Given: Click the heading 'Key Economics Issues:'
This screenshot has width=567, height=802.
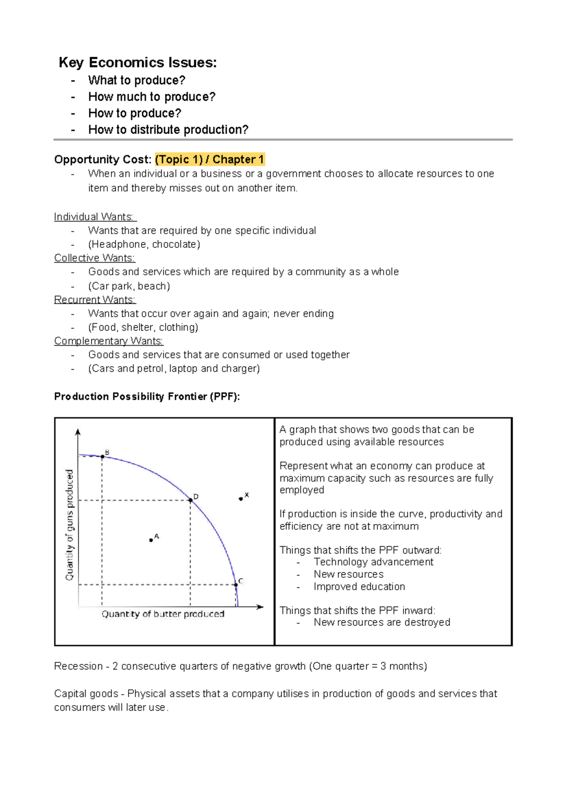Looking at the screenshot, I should tap(137, 62).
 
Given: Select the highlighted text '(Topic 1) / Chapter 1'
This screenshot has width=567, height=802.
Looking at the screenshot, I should tap(209, 159).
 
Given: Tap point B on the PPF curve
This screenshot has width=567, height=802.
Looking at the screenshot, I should tap(103, 456).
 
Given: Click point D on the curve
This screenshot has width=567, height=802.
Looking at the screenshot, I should tap(190, 500).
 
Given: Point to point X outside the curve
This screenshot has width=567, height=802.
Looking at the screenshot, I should tap(241, 498).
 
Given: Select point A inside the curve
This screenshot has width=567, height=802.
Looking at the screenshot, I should tap(151, 540).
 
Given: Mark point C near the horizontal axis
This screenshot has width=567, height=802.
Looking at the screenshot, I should tap(236, 584).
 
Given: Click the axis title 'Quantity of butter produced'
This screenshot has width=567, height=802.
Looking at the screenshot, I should tap(163, 614).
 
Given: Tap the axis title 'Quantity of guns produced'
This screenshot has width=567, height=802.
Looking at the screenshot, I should tap(69, 524).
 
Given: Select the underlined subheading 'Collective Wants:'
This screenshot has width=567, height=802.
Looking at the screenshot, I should tap(94, 258).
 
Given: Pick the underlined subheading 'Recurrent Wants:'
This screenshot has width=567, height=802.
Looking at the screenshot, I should tap(94, 300).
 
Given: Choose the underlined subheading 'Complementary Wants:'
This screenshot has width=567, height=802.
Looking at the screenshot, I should tap(109, 341).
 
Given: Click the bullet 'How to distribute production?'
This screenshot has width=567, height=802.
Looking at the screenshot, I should tap(168, 130).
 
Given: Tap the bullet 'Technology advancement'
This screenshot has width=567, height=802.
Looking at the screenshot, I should tap(373, 562).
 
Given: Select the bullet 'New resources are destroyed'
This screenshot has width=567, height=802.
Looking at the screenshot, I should tap(382, 622).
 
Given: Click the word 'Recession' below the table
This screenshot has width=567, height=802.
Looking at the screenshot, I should tap(78, 666).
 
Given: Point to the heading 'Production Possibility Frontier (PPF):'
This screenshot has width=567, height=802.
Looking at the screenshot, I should tap(147, 397).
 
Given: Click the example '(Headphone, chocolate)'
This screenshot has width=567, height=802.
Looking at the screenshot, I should tap(144, 244).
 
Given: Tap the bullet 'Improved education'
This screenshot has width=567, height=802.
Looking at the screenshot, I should tap(359, 586).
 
